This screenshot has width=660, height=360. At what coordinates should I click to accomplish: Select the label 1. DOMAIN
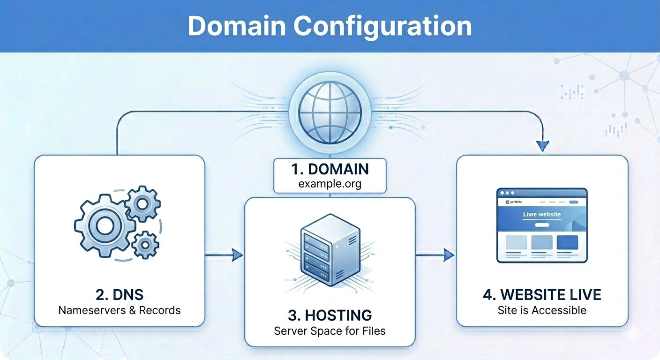pyautogui.click(x=330, y=169)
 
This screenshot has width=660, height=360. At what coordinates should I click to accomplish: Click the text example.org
pyautogui.click(x=330, y=183)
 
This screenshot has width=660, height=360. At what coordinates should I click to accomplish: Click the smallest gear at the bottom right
pyautogui.click(x=145, y=244)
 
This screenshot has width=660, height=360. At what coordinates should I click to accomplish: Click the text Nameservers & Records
pyautogui.click(x=119, y=310)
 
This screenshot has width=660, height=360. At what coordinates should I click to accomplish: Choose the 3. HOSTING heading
pyautogui.click(x=330, y=315)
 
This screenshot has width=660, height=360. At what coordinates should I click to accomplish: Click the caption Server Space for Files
pyautogui.click(x=330, y=331)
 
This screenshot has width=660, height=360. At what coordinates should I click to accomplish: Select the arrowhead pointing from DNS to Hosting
pyautogui.click(x=238, y=255)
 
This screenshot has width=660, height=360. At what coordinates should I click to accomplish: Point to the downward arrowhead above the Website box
pyautogui.click(x=542, y=146)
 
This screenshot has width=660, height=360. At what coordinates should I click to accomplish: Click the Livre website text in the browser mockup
pyautogui.click(x=541, y=215)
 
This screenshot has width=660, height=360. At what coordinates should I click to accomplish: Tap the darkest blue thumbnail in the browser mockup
pyautogui.click(x=567, y=242)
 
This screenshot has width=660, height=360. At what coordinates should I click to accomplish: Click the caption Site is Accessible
pyautogui.click(x=542, y=310)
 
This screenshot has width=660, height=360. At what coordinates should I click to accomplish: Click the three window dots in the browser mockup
pyautogui.click(x=507, y=193)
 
